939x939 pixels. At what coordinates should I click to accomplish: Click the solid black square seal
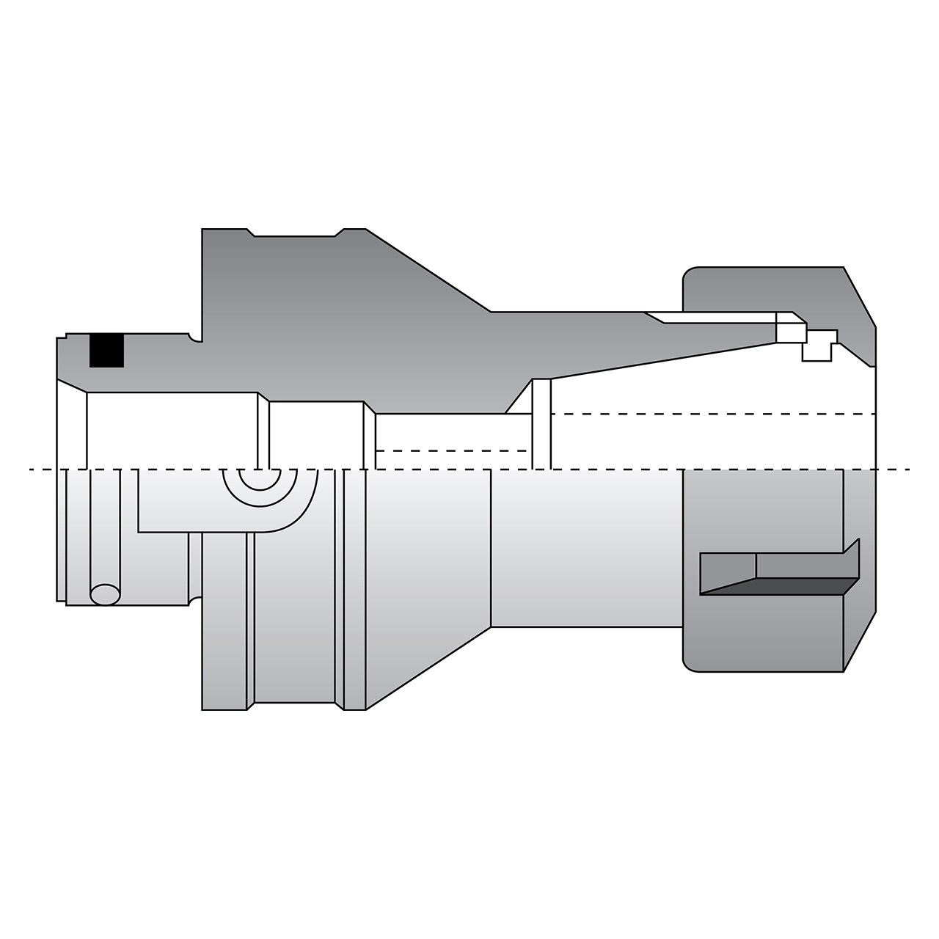(106, 351)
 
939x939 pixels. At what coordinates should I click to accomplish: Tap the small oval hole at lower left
(105, 594)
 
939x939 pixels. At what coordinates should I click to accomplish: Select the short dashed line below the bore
(451, 450)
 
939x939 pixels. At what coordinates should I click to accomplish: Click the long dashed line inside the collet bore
(712, 414)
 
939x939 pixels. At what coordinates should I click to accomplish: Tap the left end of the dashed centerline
(31, 469)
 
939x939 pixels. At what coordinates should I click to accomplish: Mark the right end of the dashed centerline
(908, 469)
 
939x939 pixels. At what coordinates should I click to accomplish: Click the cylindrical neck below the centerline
(587, 550)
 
